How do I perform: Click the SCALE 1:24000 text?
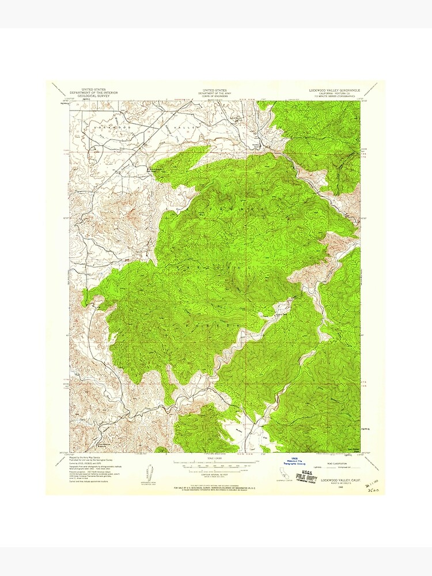[215, 458]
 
